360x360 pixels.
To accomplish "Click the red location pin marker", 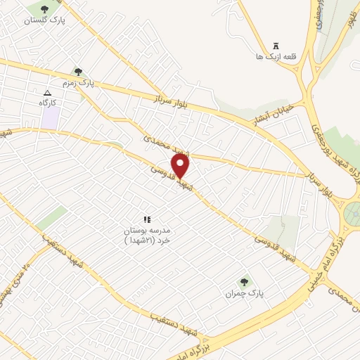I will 181,165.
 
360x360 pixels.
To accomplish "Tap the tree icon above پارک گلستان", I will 45,9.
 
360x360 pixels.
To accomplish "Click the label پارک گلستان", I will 44,20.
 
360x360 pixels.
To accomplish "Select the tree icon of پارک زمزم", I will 78,72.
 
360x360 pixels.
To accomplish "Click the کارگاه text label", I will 48,103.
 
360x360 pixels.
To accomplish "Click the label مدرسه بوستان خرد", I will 148,235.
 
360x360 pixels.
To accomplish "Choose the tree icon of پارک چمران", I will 245,281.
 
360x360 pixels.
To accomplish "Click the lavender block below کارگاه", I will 49,117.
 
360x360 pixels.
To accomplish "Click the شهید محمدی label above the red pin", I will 163,147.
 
